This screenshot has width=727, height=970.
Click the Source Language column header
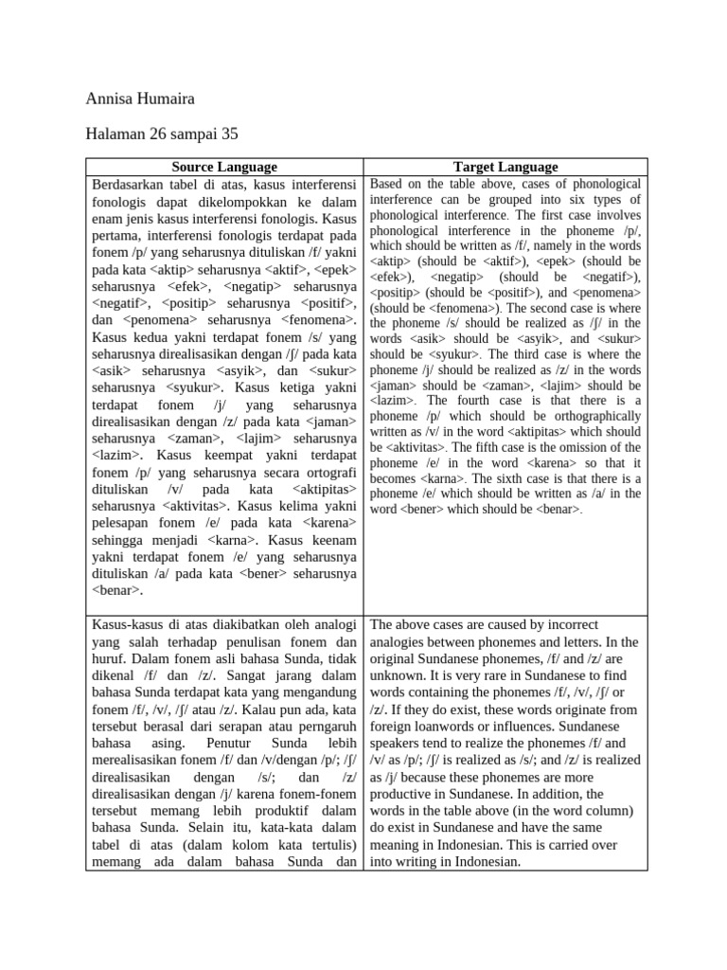pos(224,167)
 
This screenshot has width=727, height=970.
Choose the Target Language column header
pos(505,167)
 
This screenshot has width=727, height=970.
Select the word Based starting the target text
pos(388,184)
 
